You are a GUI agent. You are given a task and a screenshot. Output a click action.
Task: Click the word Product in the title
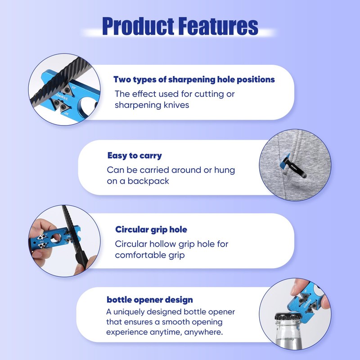[137, 27]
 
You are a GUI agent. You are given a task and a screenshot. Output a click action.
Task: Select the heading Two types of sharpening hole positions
[194, 80]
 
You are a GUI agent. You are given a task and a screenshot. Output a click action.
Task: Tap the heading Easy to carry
[135, 156]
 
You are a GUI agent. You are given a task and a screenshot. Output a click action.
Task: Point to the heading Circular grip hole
[151, 229]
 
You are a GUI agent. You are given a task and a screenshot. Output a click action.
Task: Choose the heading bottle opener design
[150, 300]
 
